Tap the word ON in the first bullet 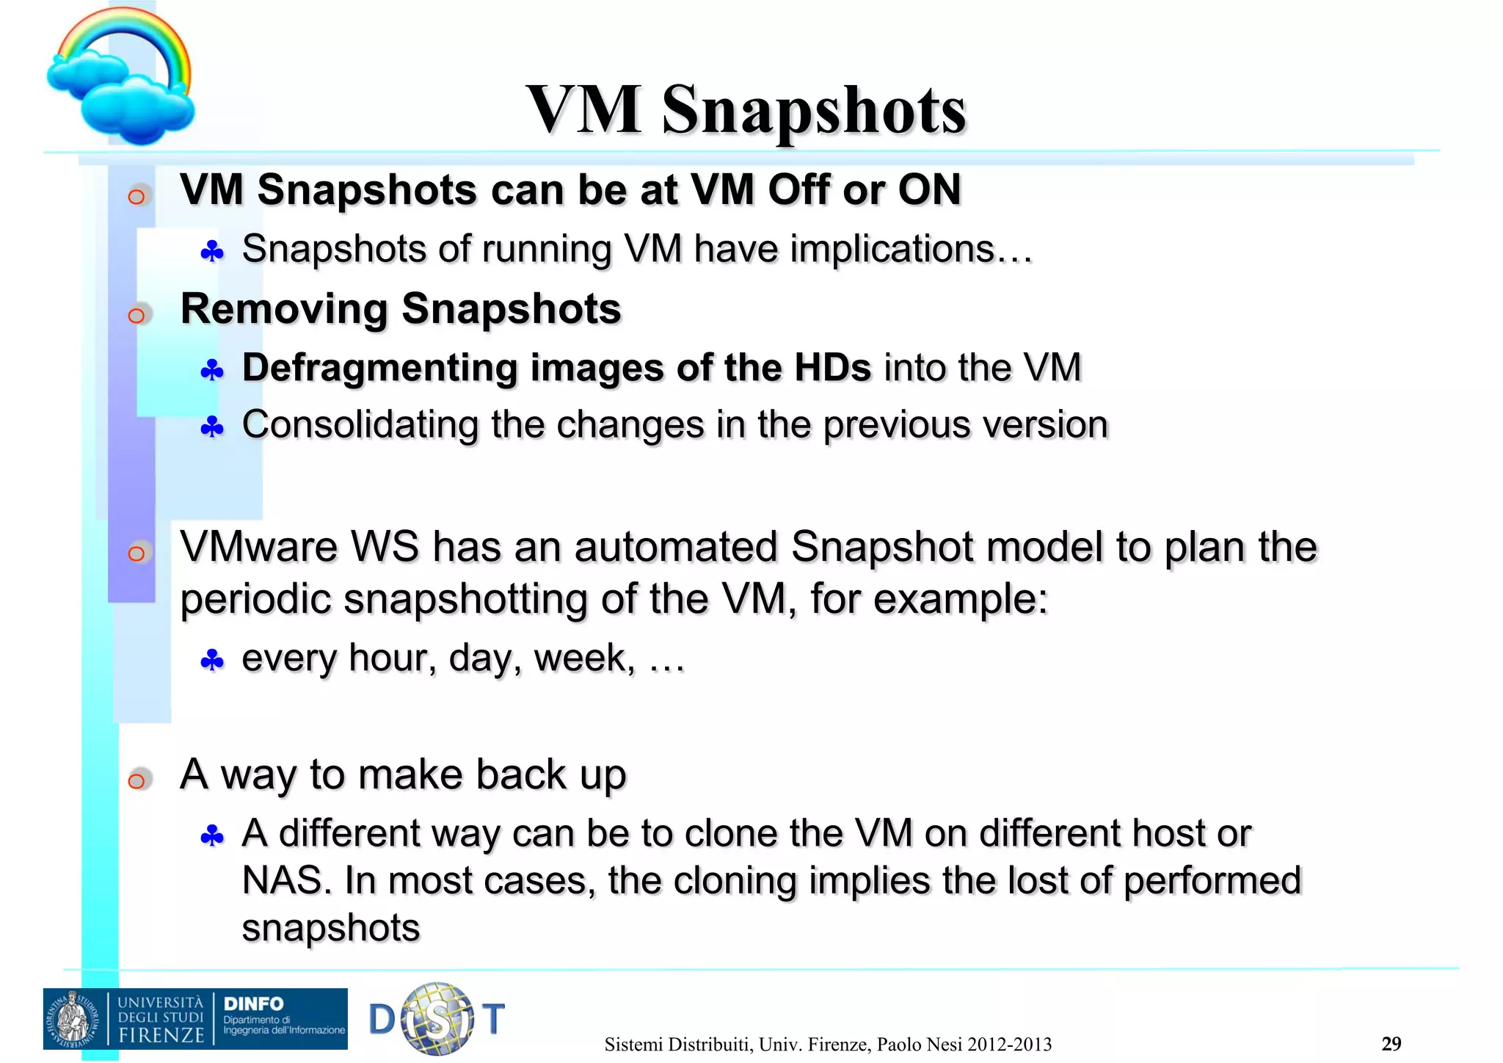pyautogui.click(x=929, y=190)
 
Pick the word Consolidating pyautogui.click(x=360, y=425)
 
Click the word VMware pyautogui.click(x=258, y=548)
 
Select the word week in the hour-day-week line pyautogui.click(x=583, y=659)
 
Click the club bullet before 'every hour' pyautogui.click(x=212, y=661)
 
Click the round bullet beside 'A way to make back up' pyautogui.click(x=137, y=780)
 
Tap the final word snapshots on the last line pyautogui.click(x=330, y=928)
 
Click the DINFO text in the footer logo pyautogui.click(x=253, y=1004)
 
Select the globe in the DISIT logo pyautogui.click(x=437, y=1019)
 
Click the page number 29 pyautogui.click(x=1391, y=1044)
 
